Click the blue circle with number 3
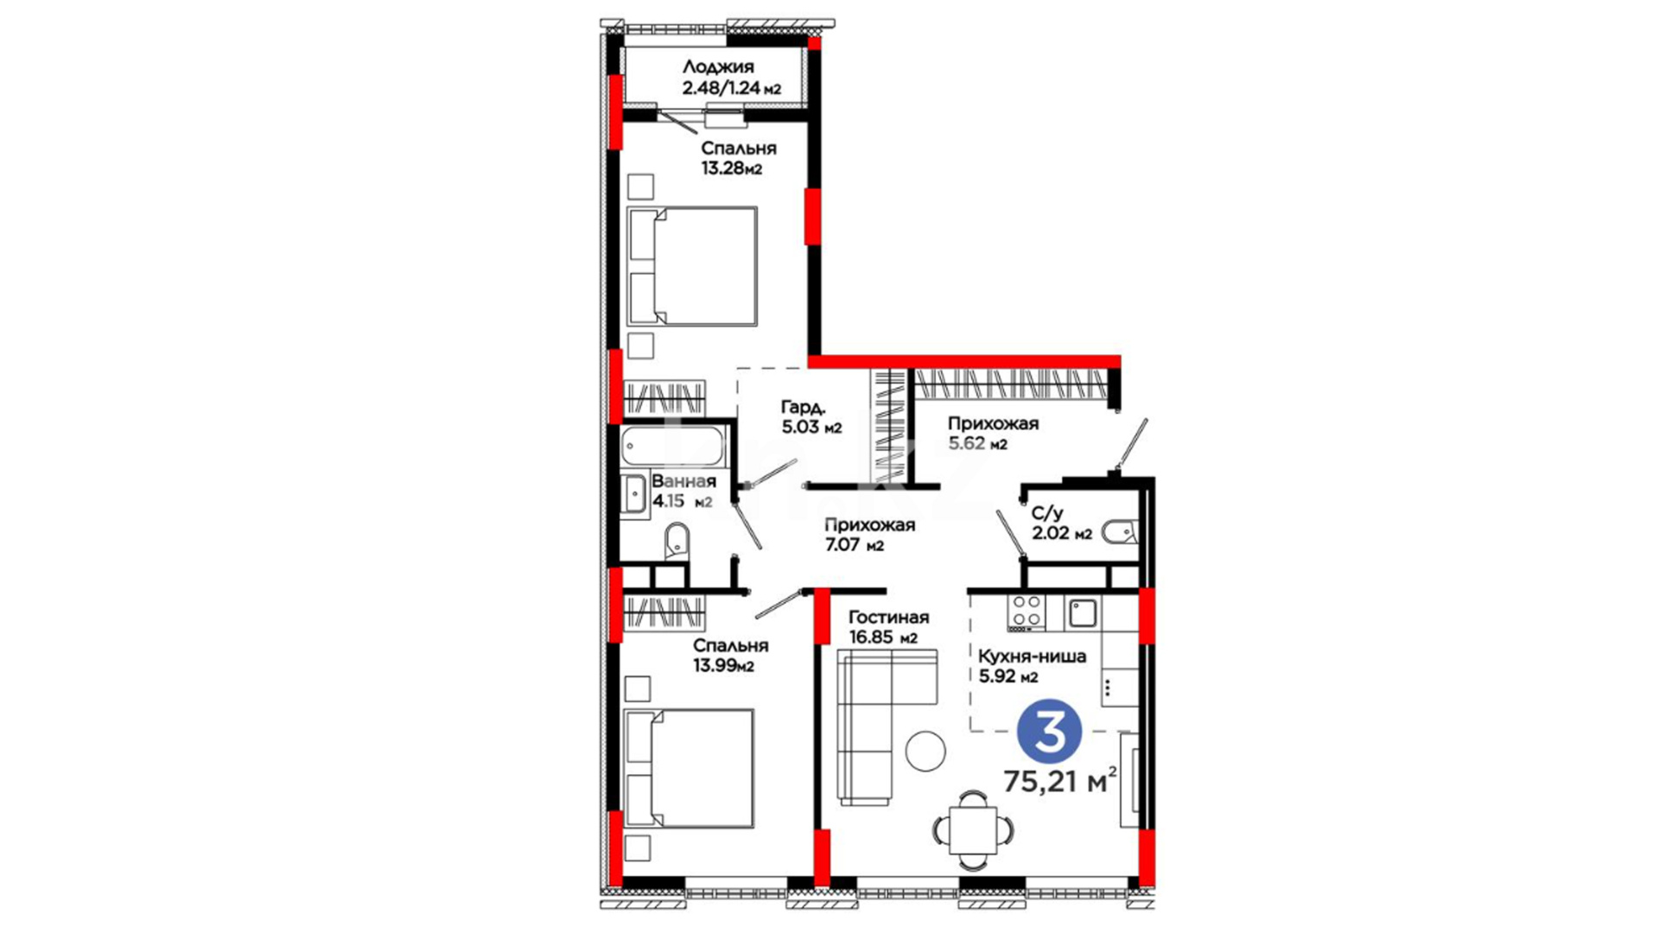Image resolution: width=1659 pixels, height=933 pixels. pyautogui.click(x=1050, y=732)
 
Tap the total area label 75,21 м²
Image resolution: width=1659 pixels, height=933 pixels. pyautogui.click(x=1059, y=780)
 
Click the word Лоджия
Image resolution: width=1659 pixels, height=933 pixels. pyautogui.click(x=718, y=67)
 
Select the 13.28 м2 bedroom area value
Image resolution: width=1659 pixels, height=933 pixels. pyautogui.click(x=731, y=168)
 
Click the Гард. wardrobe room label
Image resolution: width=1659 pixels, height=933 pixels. pyautogui.click(x=804, y=406)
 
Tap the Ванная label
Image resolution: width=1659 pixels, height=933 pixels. pyautogui.click(x=683, y=481)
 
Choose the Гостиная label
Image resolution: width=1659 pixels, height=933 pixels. pyautogui.click(x=888, y=617)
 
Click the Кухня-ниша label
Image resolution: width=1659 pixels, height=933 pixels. pyautogui.click(x=1032, y=657)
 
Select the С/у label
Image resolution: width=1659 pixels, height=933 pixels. pyautogui.click(x=1047, y=513)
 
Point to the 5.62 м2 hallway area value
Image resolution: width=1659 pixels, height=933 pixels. pyautogui.click(x=977, y=444)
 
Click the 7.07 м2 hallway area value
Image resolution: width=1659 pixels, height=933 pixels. pyautogui.click(x=854, y=545)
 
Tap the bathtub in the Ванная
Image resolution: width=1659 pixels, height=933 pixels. pyautogui.click(x=675, y=447)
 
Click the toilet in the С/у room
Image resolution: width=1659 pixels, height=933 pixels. pyautogui.click(x=1121, y=531)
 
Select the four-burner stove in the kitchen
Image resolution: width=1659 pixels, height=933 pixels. pyautogui.click(x=1027, y=612)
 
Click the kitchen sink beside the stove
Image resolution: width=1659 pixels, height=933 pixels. pyautogui.click(x=1083, y=612)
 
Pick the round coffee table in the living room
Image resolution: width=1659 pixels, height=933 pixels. pyautogui.click(x=925, y=751)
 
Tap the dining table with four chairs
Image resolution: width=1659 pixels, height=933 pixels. pyautogui.click(x=973, y=829)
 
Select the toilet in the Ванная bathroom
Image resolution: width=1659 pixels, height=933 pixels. pyautogui.click(x=677, y=541)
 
